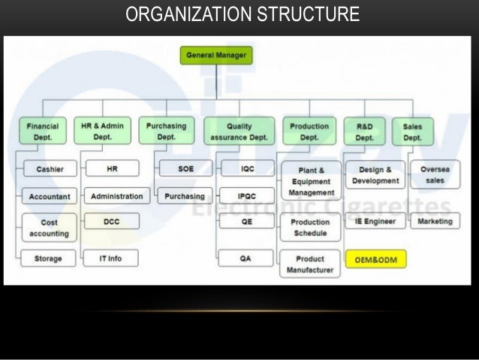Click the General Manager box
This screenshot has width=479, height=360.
pyautogui.click(x=216, y=55)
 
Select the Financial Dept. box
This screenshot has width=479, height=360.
pyautogui.click(x=42, y=132)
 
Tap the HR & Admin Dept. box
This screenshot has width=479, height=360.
pyautogui.click(x=101, y=132)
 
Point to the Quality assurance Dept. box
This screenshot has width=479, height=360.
pyautogui.click(x=239, y=132)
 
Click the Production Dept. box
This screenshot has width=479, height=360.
pyautogui.click(x=309, y=132)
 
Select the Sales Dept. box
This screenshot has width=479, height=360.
pyautogui.click(x=412, y=132)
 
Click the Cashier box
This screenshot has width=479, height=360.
pyautogui.click(x=49, y=169)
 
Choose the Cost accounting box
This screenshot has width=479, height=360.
pyautogui.click(x=49, y=228)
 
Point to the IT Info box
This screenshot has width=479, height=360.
pyautogui.click(x=110, y=259)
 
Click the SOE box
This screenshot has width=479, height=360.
pyautogui.click(x=185, y=169)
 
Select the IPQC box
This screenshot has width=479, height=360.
pyautogui.click(x=246, y=196)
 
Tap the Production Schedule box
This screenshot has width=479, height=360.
pyautogui.click(x=309, y=228)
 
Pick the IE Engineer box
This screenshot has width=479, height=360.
pyautogui.click(x=375, y=222)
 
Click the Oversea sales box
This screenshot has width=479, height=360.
pyautogui.click(x=435, y=175)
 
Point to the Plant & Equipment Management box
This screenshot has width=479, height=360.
pyautogui.click(x=309, y=181)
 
